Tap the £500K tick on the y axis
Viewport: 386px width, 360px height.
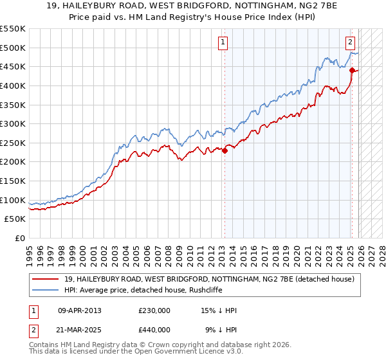pos(13,48)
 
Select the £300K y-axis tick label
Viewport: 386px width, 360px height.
pos(13,123)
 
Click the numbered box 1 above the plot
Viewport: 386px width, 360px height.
pos(223,43)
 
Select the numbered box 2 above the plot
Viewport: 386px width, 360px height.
pos(351,43)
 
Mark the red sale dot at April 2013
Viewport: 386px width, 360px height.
pos(225,151)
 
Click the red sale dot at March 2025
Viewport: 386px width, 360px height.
pos(353,71)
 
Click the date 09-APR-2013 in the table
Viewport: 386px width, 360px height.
pos(80,310)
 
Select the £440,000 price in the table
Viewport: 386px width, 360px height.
pos(154,329)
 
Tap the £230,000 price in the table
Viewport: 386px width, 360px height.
pos(154,310)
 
